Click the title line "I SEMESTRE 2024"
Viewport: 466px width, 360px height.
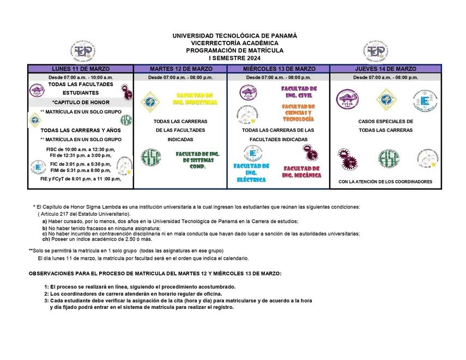tap(234, 58)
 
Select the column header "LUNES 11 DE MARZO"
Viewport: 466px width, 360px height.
tap(81, 69)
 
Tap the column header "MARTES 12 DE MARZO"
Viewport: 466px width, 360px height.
tap(180, 69)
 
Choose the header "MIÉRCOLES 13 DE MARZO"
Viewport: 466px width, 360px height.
tap(279, 69)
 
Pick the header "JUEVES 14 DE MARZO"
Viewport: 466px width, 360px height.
tap(385, 69)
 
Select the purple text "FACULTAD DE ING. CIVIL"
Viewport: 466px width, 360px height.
tap(298, 92)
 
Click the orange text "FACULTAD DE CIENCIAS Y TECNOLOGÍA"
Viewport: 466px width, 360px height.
tap(298, 113)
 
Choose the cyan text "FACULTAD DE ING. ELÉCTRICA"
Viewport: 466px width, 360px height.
tap(251, 173)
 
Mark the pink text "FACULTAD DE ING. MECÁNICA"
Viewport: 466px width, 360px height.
tap(301, 172)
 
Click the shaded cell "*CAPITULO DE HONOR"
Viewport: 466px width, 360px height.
tap(81, 102)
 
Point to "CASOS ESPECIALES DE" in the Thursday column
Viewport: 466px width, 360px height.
tap(385, 121)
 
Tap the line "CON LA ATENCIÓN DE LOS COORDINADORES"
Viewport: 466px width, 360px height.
tap(385, 182)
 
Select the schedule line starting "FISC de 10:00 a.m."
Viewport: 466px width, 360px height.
tap(81, 149)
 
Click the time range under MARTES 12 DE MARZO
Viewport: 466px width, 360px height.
tap(180, 77)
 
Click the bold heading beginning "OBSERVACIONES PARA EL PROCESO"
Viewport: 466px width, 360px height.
tap(155, 273)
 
